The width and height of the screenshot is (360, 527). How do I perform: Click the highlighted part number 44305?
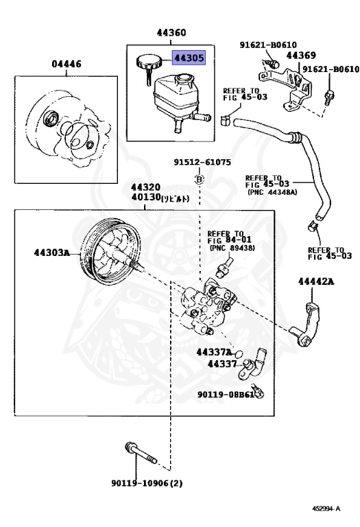pyautogui.click(x=188, y=58)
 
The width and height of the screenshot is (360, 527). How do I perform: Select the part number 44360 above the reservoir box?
pyautogui.click(x=171, y=32)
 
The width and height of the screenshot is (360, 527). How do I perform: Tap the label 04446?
pyautogui.click(x=67, y=65)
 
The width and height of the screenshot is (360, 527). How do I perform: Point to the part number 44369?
pyautogui.click(x=300, y=56)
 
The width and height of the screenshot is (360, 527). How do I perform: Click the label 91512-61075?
pyautogui.click(x=202, y=163)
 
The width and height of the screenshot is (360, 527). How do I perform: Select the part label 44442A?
pyautogui.click(x=315, y=281)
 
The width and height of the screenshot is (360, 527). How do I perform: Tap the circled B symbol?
pyautogui.click(x=200, y=179)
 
